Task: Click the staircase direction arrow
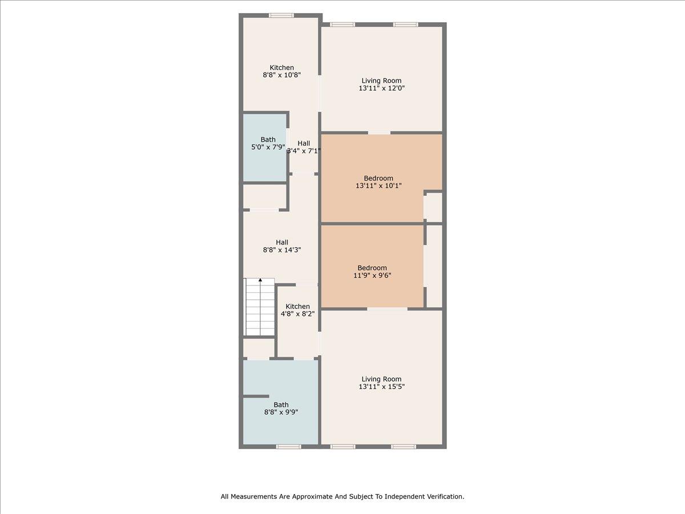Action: pyautogui.click(x=261, y=280)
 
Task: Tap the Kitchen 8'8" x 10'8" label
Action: pyautogui.click(x=282, y=71)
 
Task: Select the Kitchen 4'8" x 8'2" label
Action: pyautogui.click(x=298, y=310)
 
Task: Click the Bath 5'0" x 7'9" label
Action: pyautogui.click(x=268, y=143)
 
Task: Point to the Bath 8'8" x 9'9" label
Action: pyautogui.click(x=281, y=408)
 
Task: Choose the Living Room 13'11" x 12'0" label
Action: pyautogui.click(x=382, y=85)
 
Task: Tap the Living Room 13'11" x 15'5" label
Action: pyautogui.click(x=381, y=383)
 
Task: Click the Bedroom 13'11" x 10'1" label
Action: pyautogui.click(x=378, y=182)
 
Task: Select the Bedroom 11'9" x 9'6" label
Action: pyautogui.click(x=372, y=271)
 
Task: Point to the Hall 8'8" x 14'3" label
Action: pyautogui.click(x=282, y=246)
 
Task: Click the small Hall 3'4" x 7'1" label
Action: pyautogui.click(x=304, y=147)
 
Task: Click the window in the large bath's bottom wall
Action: pyautogui.click(x=288, y=447)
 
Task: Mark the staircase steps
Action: pyautogui.click(x=260, y=308)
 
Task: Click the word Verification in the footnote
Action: pyautogui.click(x=445, y=497)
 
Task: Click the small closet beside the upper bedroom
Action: pyautogui.click(x=434, y=207)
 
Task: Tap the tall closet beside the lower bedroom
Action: pyautogui.click(x=434, y=266)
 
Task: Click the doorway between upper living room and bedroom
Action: pyautogui.click(x=379, y=133)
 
